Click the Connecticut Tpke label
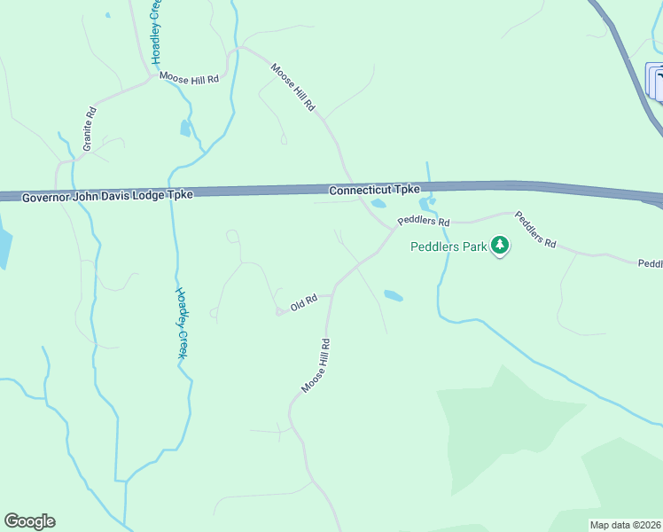coord(373,191)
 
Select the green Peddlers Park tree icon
coord(500,245)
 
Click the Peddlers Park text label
coord(448,247)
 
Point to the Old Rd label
coord(303,303)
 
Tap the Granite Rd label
coord(90,129)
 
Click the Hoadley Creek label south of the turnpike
coord(182,323)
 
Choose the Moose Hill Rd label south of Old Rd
coord(316,365)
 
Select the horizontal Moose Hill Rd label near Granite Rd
coord(189,79)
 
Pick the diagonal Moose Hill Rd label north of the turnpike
coord(293,86)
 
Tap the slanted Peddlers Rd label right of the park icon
coord(535,229)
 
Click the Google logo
coord(29,521)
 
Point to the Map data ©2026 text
coord(625,525)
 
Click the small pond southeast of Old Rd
coord(393,295)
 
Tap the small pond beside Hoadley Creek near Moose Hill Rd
coord(185,129)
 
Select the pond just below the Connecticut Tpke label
coord(378,204)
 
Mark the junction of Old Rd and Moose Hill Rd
coord(332,295)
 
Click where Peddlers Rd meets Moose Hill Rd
coord(394,228)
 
